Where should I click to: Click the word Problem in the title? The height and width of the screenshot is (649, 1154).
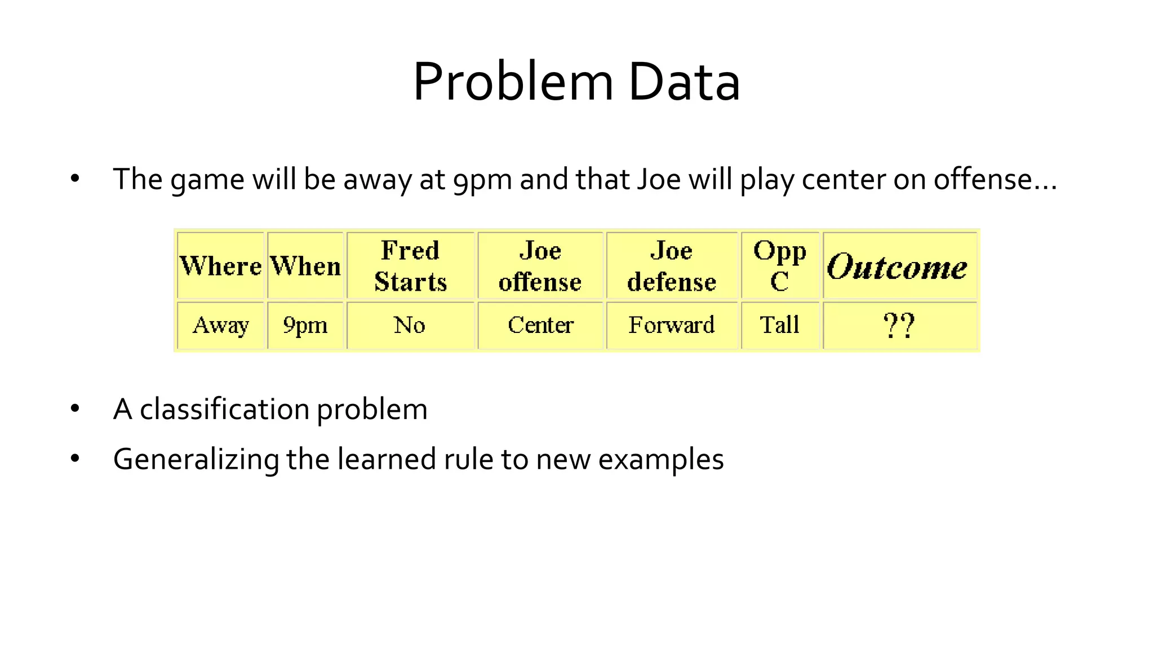point(513,82)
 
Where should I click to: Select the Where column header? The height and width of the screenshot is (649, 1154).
point(220,266)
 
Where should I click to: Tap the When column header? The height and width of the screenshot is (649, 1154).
point(305,266)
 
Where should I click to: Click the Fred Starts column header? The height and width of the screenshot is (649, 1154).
point(410,266)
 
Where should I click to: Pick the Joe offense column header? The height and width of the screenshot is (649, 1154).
point(540,266)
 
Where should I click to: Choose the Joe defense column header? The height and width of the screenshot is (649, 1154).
point(671,266)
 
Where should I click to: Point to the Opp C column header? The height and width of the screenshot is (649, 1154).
point(780,266)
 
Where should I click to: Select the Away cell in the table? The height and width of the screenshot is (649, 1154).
point(220,325)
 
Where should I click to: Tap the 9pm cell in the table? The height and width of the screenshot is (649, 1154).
point(305,325)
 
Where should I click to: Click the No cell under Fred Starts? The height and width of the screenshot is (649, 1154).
point(410,325)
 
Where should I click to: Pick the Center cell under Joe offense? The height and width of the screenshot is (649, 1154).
point(540,325)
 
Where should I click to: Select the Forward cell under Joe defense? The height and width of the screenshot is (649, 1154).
point(671,325)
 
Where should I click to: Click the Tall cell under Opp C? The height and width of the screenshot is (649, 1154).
point(780,325)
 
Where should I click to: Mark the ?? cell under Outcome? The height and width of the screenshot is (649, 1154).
point(899,326)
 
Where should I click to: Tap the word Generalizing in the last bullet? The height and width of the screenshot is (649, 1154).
point(196,459)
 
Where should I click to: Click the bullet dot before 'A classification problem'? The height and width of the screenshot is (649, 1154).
point(75,408)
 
